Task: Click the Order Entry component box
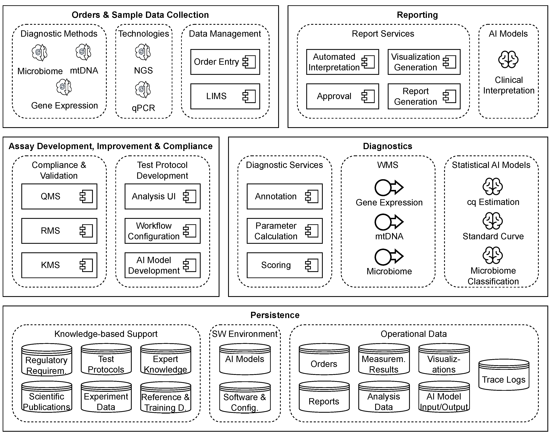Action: (x=225, y=62)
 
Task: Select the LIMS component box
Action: (x=225, y=96)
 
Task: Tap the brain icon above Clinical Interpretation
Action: (x=508, y=59)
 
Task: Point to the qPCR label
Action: (x=143, y=108)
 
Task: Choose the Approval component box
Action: (x=342, y=96)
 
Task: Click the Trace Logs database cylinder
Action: (x=504, y=375)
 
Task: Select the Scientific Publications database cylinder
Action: (x=47, y=397)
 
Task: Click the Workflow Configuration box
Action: (x=162, y=231)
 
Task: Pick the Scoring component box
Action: (x=285, y=265)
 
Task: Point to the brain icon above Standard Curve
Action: (x=493, y=221)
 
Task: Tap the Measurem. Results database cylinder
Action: (x=384, y=359)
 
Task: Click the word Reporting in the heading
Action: (x=417, y=15)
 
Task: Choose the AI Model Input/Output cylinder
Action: (x=444, y=397)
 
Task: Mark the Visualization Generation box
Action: (x=424, y=62)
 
